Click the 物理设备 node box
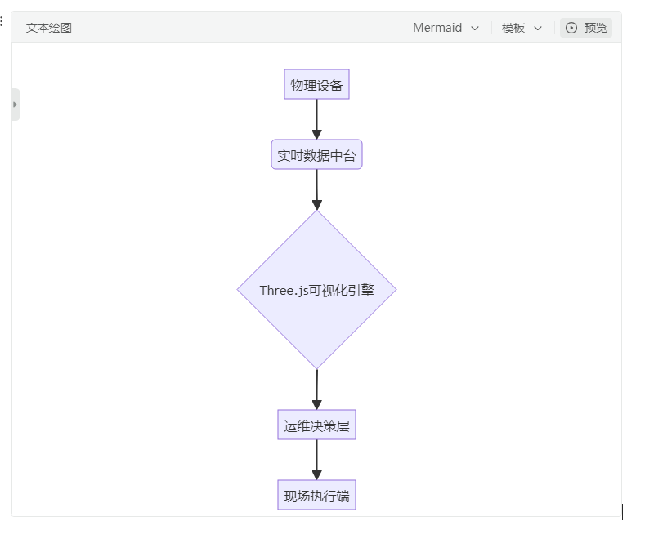[x=316, y=84]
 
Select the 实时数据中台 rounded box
[x=316, y=154]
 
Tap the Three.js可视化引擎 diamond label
[x=316, y=291]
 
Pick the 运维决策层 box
[x=316, y=425]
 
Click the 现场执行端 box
[x=316, y=495]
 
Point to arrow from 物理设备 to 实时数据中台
[x=316, y=119]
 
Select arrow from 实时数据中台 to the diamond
[x=316, y=189]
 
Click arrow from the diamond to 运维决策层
[x=316, y=389]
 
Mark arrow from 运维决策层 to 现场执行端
[x=316, y=460]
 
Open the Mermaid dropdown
[x=446, y=28]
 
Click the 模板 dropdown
[x=522, y=28]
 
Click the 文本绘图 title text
[x=49, y=28]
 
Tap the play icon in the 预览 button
[x=571, y=28]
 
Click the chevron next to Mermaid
[x=475, y=29]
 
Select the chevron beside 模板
[x=538, y=29]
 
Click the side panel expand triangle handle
[x=16, y=105]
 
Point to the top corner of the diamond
[x=316, y=211]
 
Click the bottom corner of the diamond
[x=316, y=369]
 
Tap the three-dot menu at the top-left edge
[x=2, y=21]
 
